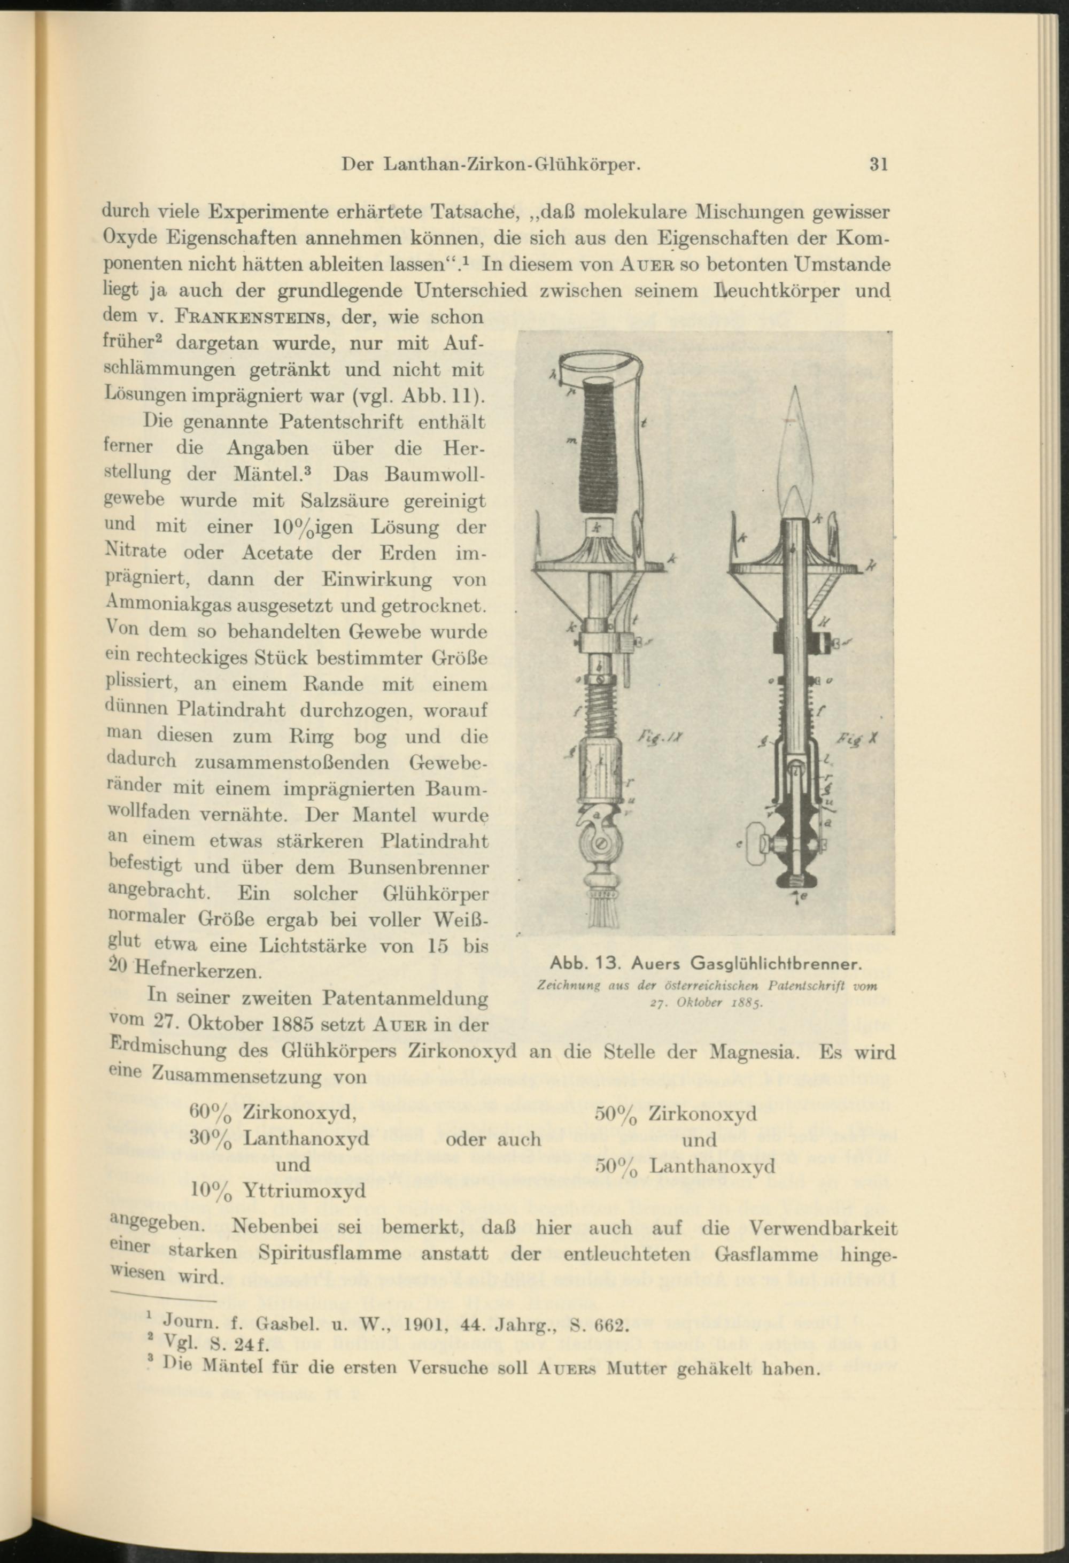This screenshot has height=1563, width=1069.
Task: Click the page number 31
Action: [879, 165]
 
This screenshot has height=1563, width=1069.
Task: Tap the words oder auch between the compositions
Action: [493, 1139]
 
